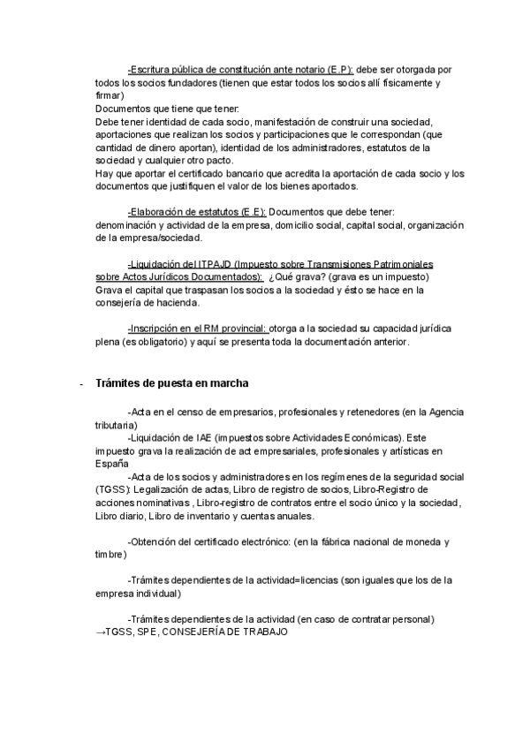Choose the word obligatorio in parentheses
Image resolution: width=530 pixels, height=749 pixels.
pyautogui.click(x=148, y=343)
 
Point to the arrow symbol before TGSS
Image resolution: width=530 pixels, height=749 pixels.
pyautogui.click(x=99, y=633)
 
